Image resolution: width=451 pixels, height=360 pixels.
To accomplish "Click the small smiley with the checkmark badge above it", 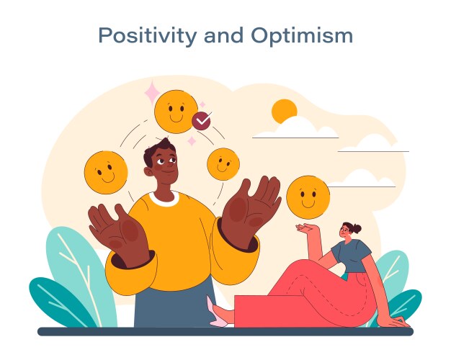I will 223,163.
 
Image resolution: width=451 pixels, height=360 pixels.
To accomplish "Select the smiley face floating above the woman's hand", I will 308,196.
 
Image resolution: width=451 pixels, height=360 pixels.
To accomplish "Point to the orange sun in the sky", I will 285,112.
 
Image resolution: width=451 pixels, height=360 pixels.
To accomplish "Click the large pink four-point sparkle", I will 152,93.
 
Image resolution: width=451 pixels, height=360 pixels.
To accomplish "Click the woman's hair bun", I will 357,228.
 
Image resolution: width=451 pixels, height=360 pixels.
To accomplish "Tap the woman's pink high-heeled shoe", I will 216,315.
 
